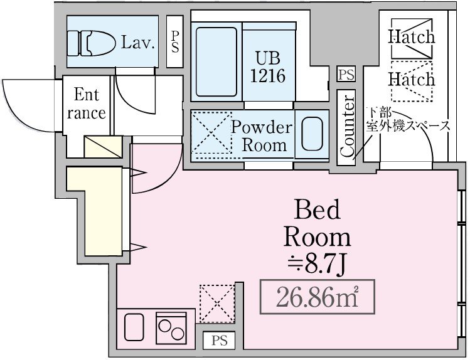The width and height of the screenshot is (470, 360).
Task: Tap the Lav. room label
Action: (137, 43)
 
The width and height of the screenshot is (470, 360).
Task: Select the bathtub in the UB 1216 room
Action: (216, 61)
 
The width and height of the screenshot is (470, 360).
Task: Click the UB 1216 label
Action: (268, 66)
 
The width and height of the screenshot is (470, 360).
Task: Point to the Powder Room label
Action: (262, 136)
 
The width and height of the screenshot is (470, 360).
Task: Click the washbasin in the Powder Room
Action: (311, 134)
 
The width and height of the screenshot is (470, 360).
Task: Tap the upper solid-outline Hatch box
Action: (411, 37)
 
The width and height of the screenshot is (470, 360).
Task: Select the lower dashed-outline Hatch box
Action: (411, 80)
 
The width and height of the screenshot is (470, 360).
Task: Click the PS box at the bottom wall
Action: (219, 341)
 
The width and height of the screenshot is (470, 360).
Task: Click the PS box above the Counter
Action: (346, 75)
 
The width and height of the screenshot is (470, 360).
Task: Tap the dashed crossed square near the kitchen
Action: (217, 302)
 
